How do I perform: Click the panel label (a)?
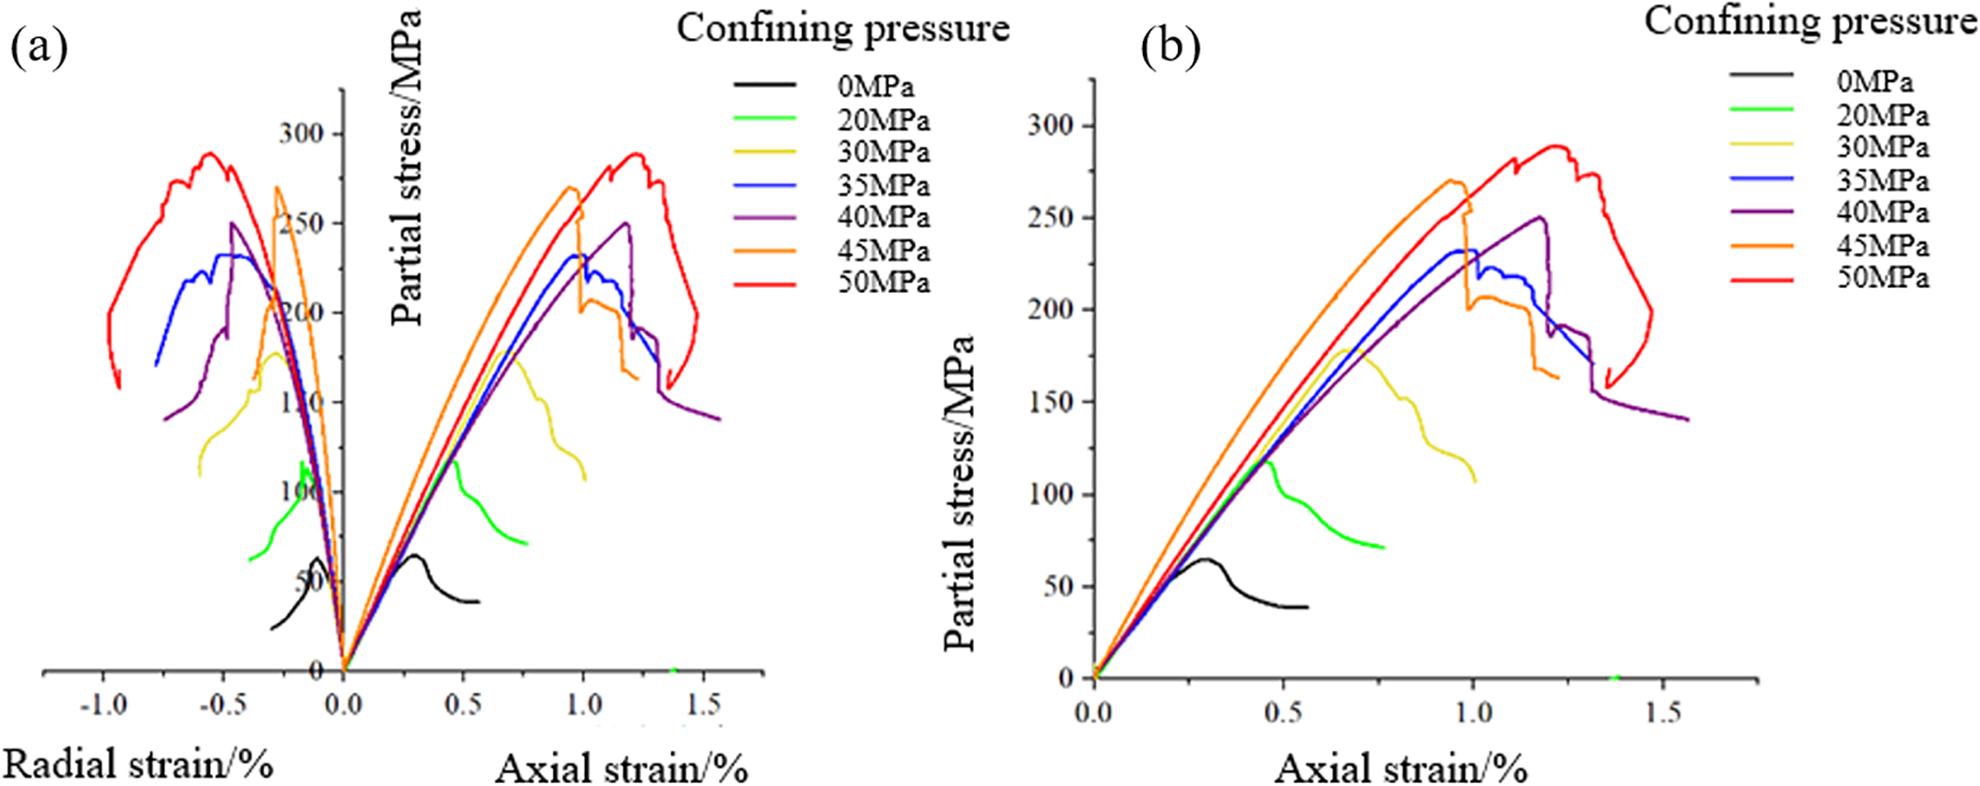click(x=39, y=48)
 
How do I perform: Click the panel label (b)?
click(x=1170, y=48)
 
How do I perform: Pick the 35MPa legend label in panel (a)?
click(x=883, y=186)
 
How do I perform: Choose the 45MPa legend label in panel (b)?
click(x=1882, y=245)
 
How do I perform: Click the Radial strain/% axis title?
click(x=139, y=764)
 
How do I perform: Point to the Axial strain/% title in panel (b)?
click(x=1401, y=767)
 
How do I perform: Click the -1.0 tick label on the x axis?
click(x=103, y=705)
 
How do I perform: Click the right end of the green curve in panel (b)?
click(x=1384, y=547)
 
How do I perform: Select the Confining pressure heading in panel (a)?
click(x=843, y=28)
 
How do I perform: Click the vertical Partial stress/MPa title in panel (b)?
click(x=960, y=493)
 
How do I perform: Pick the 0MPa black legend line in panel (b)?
click(x=1761, y=75)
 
